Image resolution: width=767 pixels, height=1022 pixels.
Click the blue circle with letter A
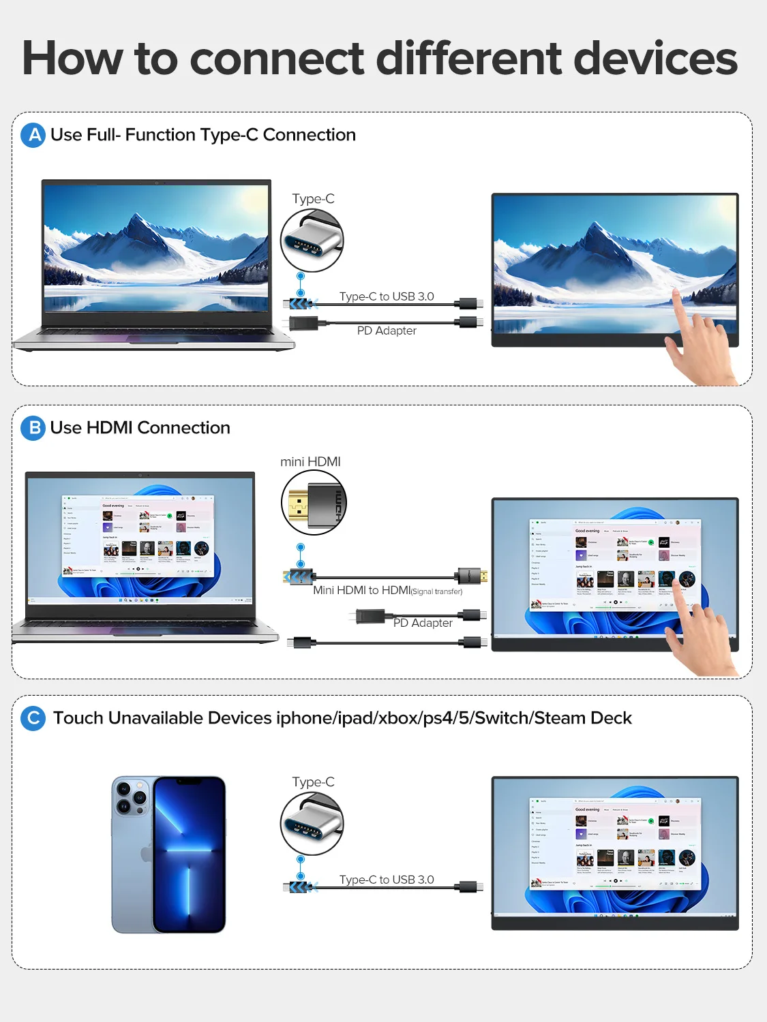[x=33, y=136]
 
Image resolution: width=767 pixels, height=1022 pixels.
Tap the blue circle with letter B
[x=33, y=429]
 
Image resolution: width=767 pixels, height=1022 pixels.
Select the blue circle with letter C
[x=33, y=718]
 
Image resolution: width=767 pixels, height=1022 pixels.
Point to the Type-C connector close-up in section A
[x=312, y=241]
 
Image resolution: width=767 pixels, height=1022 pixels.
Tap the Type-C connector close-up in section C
[x=312, y=824]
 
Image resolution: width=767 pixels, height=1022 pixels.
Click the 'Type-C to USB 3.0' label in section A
[x=387, y=296]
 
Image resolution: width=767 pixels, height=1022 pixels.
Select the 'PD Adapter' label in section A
[x=387, y=330]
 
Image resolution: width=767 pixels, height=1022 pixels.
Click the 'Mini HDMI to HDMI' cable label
[x=361, y=590]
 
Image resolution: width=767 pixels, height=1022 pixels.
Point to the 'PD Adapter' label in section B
[x=423, y=623]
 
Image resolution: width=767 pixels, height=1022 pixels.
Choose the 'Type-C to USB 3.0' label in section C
[x=387, y=880]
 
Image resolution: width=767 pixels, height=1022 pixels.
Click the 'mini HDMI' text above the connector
[x=310, y=462]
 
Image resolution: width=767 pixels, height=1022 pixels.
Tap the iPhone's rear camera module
[x=132, y=798]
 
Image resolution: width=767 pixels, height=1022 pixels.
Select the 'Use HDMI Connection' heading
[x=140, y=428]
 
